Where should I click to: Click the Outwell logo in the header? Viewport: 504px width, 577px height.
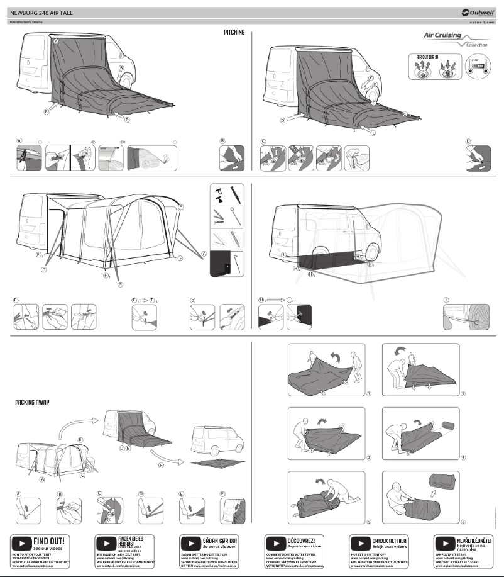tap(478, 12)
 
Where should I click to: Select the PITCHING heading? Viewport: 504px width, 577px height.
tap(234, 32)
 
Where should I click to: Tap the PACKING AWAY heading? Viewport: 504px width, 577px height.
tap(32, 401)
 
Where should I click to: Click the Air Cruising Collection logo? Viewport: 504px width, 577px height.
tap(446, 40)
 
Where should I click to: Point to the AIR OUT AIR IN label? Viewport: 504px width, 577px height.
tap(428, 57)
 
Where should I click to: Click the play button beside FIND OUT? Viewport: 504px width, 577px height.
tap(21, 542)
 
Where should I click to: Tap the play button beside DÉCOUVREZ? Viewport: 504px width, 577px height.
tap(275, 542)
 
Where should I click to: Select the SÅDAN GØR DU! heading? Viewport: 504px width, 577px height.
tap(219, 540)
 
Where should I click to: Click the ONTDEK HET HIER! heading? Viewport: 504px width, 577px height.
tap(390, 540)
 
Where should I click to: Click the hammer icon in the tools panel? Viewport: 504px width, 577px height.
tap(216, 194)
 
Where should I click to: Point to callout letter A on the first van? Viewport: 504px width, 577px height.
tap(56, 41)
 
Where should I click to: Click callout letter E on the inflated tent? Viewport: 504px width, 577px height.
tap(180, 206)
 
